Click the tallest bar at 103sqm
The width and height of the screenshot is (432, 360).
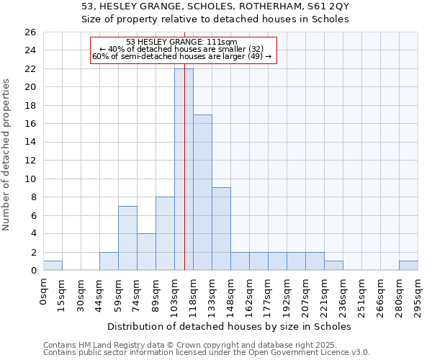[x=184, y=169]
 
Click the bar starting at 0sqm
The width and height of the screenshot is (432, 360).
[x=53, y=266]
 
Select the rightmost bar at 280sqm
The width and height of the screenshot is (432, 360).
[x=408, y=266]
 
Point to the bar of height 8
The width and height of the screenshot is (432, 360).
[x=165, y=233]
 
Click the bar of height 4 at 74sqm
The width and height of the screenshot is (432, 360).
[x=146, y=252]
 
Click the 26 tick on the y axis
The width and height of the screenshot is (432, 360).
[x=30, y=32]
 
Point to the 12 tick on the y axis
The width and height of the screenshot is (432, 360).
[x=30, y=161]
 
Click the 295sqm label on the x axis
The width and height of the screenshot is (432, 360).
[x=418, y=295]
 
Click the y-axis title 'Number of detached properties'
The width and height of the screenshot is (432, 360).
[x=6, y=156]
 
